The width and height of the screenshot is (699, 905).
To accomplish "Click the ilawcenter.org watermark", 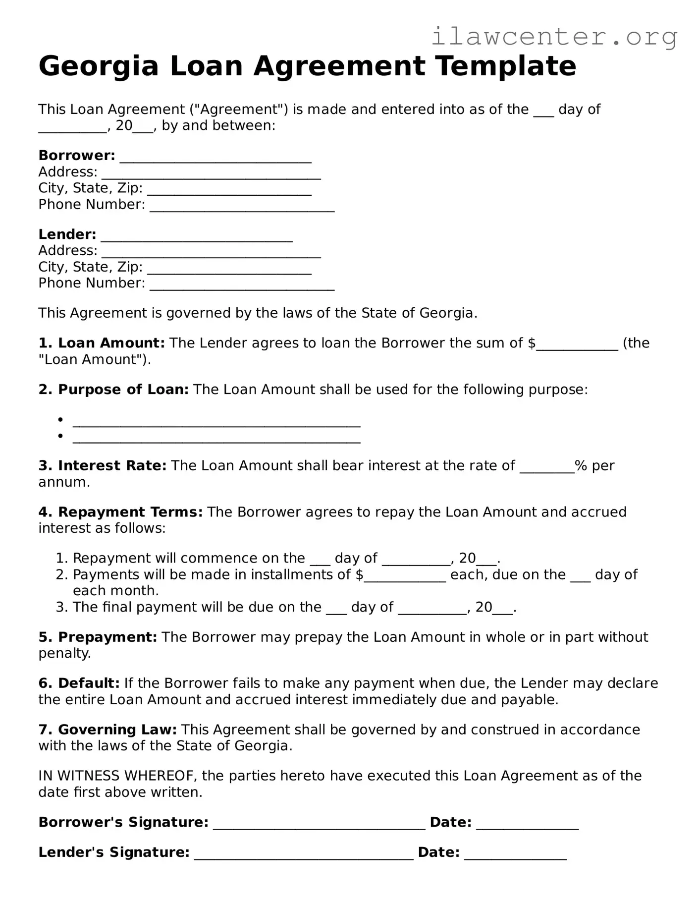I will click(x=554, y=36).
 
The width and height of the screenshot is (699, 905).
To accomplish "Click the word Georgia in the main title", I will click(x=98, y=66).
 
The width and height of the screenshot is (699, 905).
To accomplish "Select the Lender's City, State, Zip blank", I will click(x=229, y=269).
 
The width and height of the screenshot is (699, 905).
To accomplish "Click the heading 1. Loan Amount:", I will click(x=102, y=343).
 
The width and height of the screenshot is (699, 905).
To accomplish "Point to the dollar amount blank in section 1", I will click(x=577, y=345).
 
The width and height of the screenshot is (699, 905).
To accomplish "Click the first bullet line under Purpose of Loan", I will click(x=216, y=422).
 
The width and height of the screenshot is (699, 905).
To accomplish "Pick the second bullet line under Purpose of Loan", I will click(x=216, y=438).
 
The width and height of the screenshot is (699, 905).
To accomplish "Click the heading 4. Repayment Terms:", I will click(x=120, y=512).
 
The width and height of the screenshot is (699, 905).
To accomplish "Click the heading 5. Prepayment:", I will click(x=98, y=637).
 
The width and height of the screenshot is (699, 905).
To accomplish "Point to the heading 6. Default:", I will click(x=79, y=683).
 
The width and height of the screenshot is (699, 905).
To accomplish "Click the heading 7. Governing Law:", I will click(x=108, y=730).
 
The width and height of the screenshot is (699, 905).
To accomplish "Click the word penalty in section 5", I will click(x=64, y=654).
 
